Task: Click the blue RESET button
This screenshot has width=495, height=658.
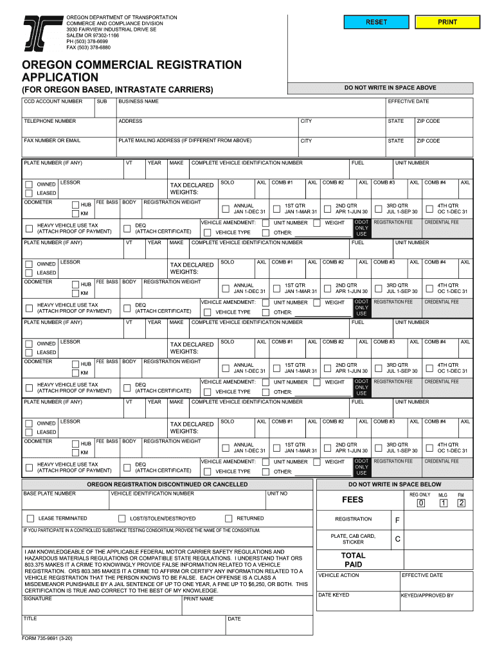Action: tap(376, 22)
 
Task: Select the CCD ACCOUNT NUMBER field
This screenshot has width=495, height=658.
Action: tap(58, 110)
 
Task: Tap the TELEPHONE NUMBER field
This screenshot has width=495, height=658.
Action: tap(67, 129)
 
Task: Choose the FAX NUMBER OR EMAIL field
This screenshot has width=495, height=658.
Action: tap(67, 148)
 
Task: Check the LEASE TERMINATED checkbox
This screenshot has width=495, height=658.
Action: tap(30, 519)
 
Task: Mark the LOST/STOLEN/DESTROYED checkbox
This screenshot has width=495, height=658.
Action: tap(122, 519)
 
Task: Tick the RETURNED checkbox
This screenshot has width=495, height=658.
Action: tap(228, 519)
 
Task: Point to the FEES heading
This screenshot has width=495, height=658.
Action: tap(353, 499)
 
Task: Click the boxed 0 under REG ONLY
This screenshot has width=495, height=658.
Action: tap(420, 503)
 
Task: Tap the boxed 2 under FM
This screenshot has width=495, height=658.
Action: tap(461, 503)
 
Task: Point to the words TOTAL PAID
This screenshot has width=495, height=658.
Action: tap(353, 560)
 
